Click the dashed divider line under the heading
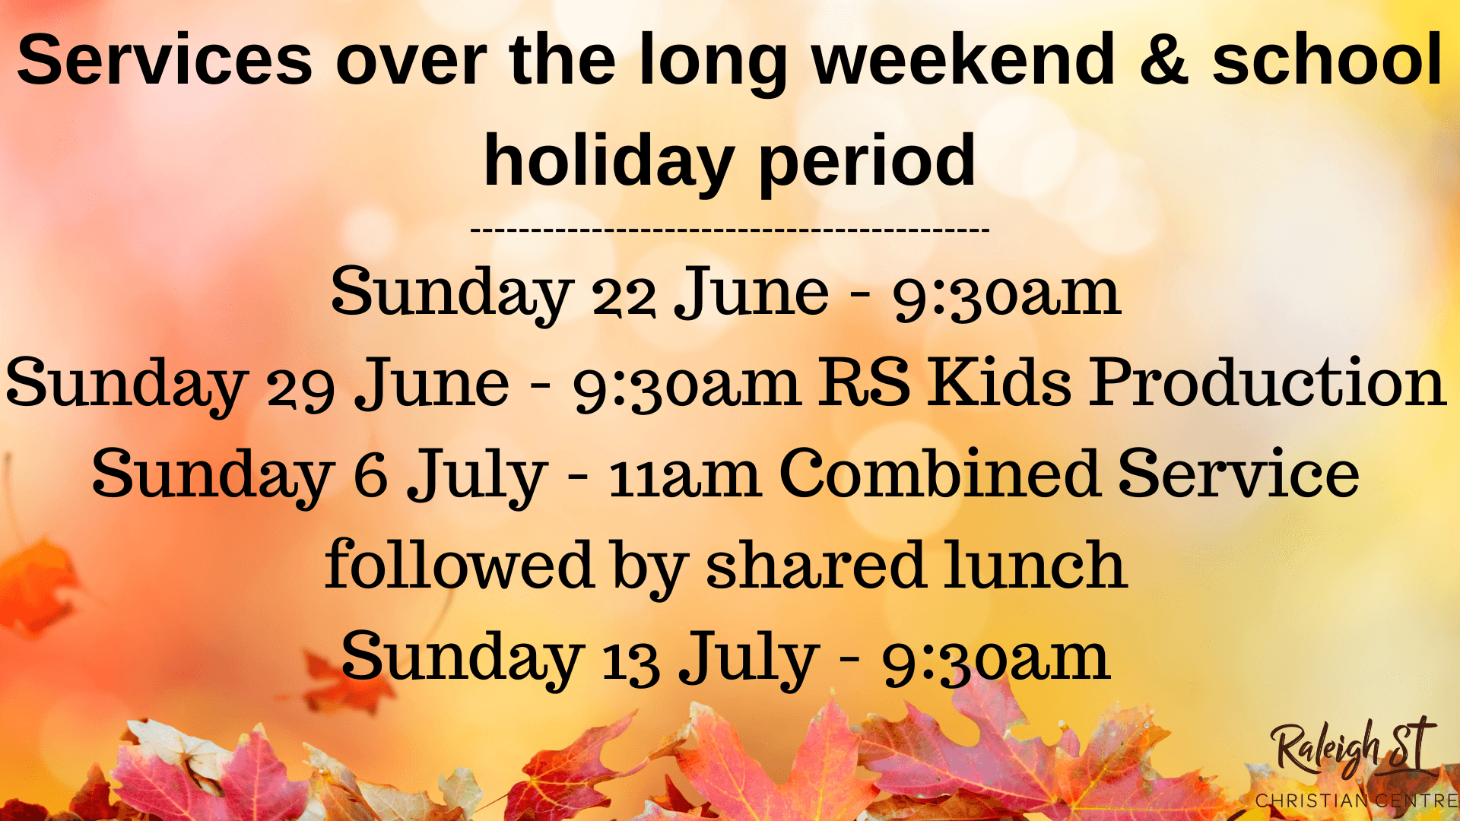[730, 228]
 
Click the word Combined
[940, 473]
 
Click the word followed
[459, 565]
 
